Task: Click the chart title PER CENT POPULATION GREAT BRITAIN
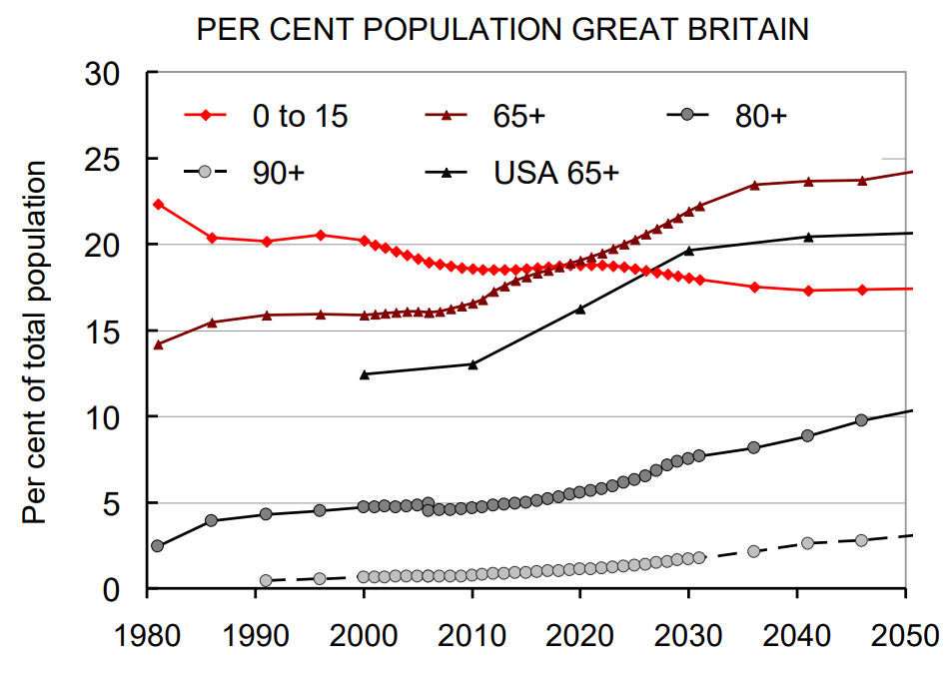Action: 502,29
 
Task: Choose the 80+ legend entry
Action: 761,116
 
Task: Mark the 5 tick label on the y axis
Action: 111,502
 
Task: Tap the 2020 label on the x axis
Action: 579,636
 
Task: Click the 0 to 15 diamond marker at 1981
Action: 158,204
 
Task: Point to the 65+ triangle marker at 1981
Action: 158,344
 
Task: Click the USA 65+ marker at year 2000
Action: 364,374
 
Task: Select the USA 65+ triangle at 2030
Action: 688,250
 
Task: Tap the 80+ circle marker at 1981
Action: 158,546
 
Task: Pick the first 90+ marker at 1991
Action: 266,580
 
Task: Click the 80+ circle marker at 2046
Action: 861,420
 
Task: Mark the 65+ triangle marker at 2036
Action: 754,185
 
